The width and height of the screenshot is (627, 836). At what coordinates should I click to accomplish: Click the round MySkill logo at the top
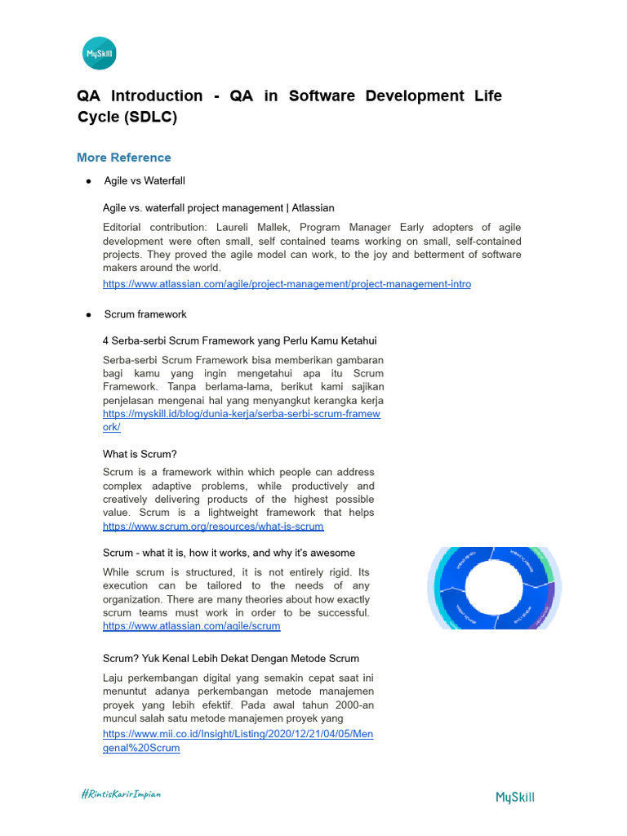coord(100,56)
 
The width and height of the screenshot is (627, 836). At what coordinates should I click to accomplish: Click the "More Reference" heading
coord(124,158)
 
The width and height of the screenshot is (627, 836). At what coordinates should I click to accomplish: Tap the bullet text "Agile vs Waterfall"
coord(150,180)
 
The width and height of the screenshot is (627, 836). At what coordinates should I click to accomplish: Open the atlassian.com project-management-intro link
coord(287,284)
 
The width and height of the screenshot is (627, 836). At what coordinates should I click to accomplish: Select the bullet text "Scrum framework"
coord(145,314)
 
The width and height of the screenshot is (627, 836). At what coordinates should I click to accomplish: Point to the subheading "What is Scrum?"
coord(140,454)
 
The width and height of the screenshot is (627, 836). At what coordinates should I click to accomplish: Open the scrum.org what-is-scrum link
coord(213,527)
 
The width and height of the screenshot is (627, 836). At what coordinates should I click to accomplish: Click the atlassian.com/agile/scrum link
coord(191,626)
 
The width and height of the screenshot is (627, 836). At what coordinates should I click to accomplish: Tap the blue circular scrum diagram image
coord(491,587)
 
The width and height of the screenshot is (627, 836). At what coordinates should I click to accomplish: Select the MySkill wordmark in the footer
coord(515,797)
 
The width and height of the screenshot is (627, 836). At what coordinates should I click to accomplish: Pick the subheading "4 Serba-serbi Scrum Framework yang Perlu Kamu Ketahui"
coord(239,340)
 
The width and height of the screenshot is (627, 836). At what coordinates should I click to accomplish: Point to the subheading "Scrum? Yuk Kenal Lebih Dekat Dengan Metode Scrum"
coord(231,658)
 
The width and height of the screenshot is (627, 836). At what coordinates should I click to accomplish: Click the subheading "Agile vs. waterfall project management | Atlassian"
coord(218,208)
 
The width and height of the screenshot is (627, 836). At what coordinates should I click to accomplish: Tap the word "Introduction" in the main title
coord(157,96)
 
